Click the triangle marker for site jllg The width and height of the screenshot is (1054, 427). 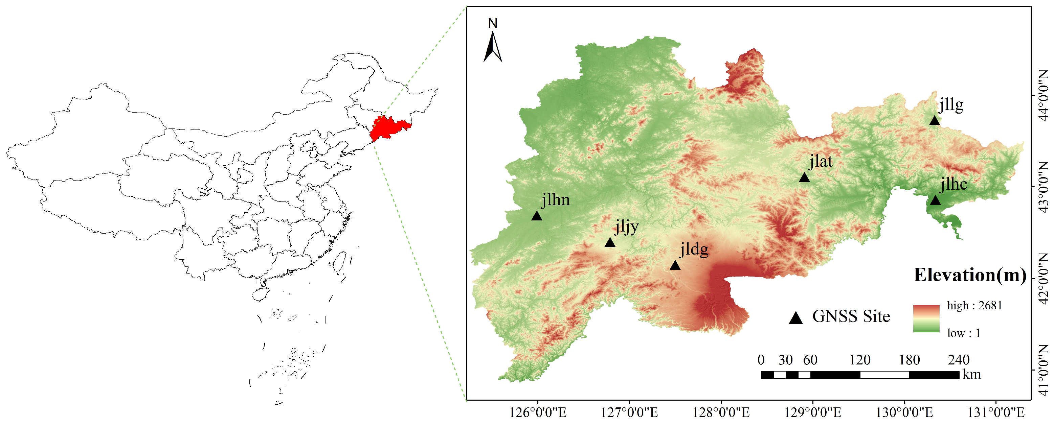coord(935,121)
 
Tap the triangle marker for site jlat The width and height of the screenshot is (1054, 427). coord(804,177)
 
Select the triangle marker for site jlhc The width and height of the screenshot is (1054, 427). coord(935,200)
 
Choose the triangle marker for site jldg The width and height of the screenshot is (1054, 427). coord(675,266)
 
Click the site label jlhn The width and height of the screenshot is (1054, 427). coord(556,200)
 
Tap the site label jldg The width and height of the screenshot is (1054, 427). coord(694,249)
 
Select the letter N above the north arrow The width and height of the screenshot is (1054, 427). coord(493,24)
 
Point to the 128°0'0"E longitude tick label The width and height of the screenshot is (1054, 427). coord(721,412)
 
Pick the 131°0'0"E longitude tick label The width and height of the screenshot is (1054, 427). coord(996,412)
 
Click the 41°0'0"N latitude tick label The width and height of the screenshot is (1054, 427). coord(1044,370)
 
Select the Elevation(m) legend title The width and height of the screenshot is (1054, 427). coord(970,275)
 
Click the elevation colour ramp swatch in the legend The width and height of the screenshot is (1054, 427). coord(926,318)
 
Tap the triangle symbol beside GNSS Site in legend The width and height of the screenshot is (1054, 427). coord(796,318)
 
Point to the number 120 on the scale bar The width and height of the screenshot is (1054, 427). coord(860,360)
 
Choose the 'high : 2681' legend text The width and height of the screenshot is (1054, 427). coord(974,306)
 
